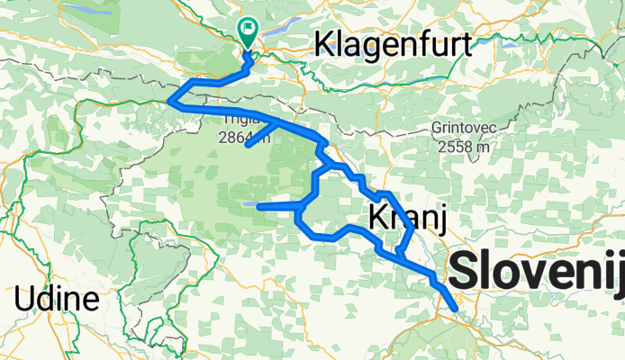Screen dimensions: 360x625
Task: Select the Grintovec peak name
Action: click(462, 128)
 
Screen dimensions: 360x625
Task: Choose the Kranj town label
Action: click(403, 216)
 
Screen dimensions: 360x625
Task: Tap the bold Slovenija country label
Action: click(537, 271)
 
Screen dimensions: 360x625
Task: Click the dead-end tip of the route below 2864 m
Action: click(248, 146)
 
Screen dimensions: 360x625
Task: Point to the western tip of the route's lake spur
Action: click(259, 207)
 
